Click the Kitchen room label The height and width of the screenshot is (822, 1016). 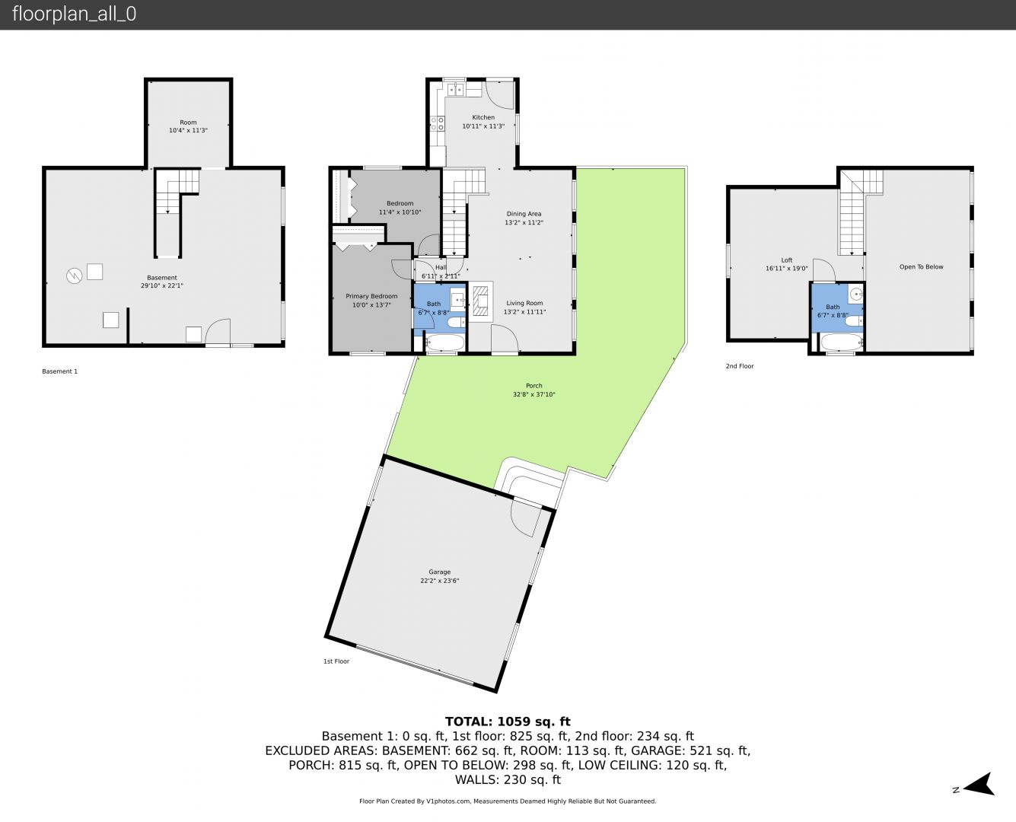click(x=483, y=117)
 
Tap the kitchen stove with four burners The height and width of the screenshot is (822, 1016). click(x=438, y=123)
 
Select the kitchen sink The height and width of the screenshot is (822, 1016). click(x=457, y=89)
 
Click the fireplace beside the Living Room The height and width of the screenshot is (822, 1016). click(x=481, y=301)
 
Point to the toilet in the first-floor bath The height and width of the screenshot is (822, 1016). click(x=457, y=323)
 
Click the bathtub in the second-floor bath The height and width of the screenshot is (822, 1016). click(x=842, y=342)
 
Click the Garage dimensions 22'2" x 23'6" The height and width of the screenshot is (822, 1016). click(x=439, y=581)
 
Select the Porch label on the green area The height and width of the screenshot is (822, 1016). click(x=533, y=385)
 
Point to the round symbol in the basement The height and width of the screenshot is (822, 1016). click(x=74, y=276)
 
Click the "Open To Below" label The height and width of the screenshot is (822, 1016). click(x=921, y=266)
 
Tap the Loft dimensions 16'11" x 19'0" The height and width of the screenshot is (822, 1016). click(x=787, y=269)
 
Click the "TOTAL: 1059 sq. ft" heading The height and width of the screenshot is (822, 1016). click(x=508, y=722)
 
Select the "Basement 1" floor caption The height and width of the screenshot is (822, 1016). click(x=59, y=371)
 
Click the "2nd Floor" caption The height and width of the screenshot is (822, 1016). click(x=739, y=366)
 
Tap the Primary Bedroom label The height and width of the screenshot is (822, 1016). click(x=371, y=296)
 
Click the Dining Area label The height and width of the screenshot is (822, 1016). click(x=524, y=214)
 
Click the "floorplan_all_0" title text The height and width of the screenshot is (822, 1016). click(x=75, y=14)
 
